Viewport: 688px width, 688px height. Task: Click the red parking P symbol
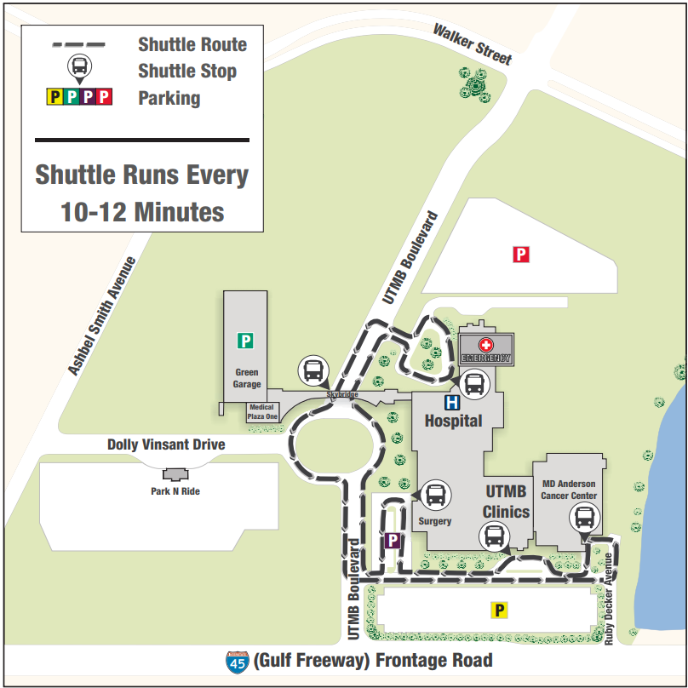(521, 254)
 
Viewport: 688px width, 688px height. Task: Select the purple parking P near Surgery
(393, 540)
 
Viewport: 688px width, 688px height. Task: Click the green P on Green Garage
(245, 341)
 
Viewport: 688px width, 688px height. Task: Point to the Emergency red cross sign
(486, 345)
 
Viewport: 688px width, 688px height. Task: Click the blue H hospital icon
(452, 402)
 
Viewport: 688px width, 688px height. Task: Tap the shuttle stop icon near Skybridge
(312, 370)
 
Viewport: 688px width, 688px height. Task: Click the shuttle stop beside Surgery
(435, 494)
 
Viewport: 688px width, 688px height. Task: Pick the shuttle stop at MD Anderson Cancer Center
(585, 517)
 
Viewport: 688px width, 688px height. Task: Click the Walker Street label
(473, 44)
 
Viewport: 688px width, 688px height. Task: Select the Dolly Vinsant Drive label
(166, 444)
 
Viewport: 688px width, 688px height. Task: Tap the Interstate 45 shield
(236, 662)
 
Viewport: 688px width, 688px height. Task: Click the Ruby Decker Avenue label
(609, 599)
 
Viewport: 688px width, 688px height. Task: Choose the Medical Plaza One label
(262, 412)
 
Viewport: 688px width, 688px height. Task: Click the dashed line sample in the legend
(77, 43)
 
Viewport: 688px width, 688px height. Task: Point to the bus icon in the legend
(78, 66)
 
